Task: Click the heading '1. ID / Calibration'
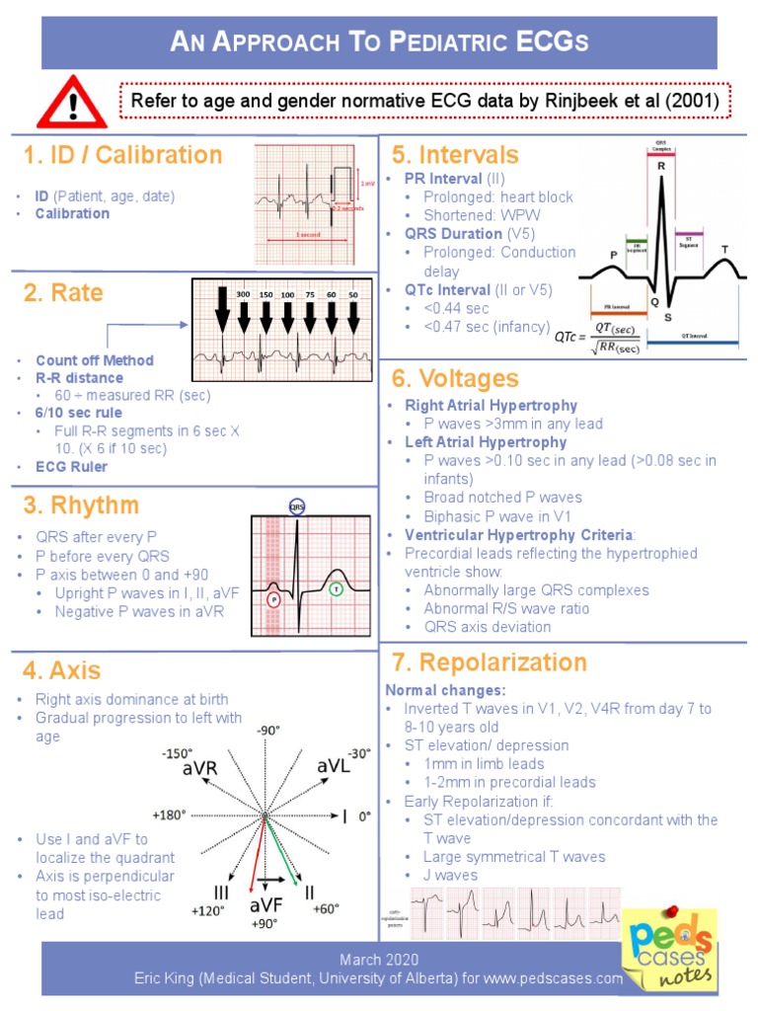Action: (123, 155)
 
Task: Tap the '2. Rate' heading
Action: (63, 293)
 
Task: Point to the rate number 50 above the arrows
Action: (353, 294)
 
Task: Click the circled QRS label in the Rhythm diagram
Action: (297, 506)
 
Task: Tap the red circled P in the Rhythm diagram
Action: (273, 598)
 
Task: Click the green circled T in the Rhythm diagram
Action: (336, 589)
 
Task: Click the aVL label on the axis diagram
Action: (334, 767)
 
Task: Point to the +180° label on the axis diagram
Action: (169, 816)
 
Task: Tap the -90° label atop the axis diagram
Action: (267, 730)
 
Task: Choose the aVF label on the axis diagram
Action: (267, 905)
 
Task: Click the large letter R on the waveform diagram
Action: (660, 167)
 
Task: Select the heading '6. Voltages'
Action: (454, 378)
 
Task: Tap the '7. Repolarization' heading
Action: (489, 661)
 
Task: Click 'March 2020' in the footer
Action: (379, 960)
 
